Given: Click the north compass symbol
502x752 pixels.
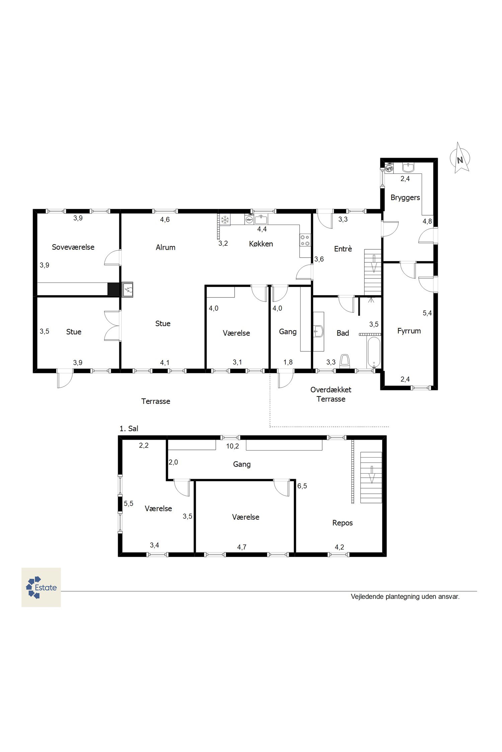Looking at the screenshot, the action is click(460, 158).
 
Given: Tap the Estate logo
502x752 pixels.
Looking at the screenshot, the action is click(41, 587).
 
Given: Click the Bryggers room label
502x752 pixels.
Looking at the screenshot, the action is click(405, 198).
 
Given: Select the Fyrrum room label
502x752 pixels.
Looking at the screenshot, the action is click(409, 331).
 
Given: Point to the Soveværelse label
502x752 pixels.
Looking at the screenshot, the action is click(73, 247).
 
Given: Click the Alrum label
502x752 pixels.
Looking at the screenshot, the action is click(165, 247).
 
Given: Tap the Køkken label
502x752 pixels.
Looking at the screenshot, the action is click(261, 244).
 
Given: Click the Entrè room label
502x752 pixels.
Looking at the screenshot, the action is click(343, 249).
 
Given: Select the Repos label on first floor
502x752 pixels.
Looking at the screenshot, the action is click(342, 523).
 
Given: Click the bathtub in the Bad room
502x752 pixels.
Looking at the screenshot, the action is click(374, 353).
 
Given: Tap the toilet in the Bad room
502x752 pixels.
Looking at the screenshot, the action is click(345, 362).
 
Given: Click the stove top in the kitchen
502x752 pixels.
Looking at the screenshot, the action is click(305, 240).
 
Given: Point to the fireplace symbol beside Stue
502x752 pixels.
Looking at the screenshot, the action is click(128, 289).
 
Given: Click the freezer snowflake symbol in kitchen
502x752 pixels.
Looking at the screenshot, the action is click(225, 220).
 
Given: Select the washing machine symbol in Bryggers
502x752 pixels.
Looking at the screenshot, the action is click(389, 168).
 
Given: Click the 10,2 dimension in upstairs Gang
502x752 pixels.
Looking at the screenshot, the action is click(232, 446).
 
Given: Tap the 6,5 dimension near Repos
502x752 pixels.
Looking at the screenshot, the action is click(302, 486).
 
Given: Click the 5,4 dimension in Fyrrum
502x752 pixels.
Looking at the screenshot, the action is click(427, 313).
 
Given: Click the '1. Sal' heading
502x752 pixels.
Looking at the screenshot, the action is click(129, 428).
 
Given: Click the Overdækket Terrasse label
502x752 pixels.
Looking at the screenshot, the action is click(331, 394).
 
